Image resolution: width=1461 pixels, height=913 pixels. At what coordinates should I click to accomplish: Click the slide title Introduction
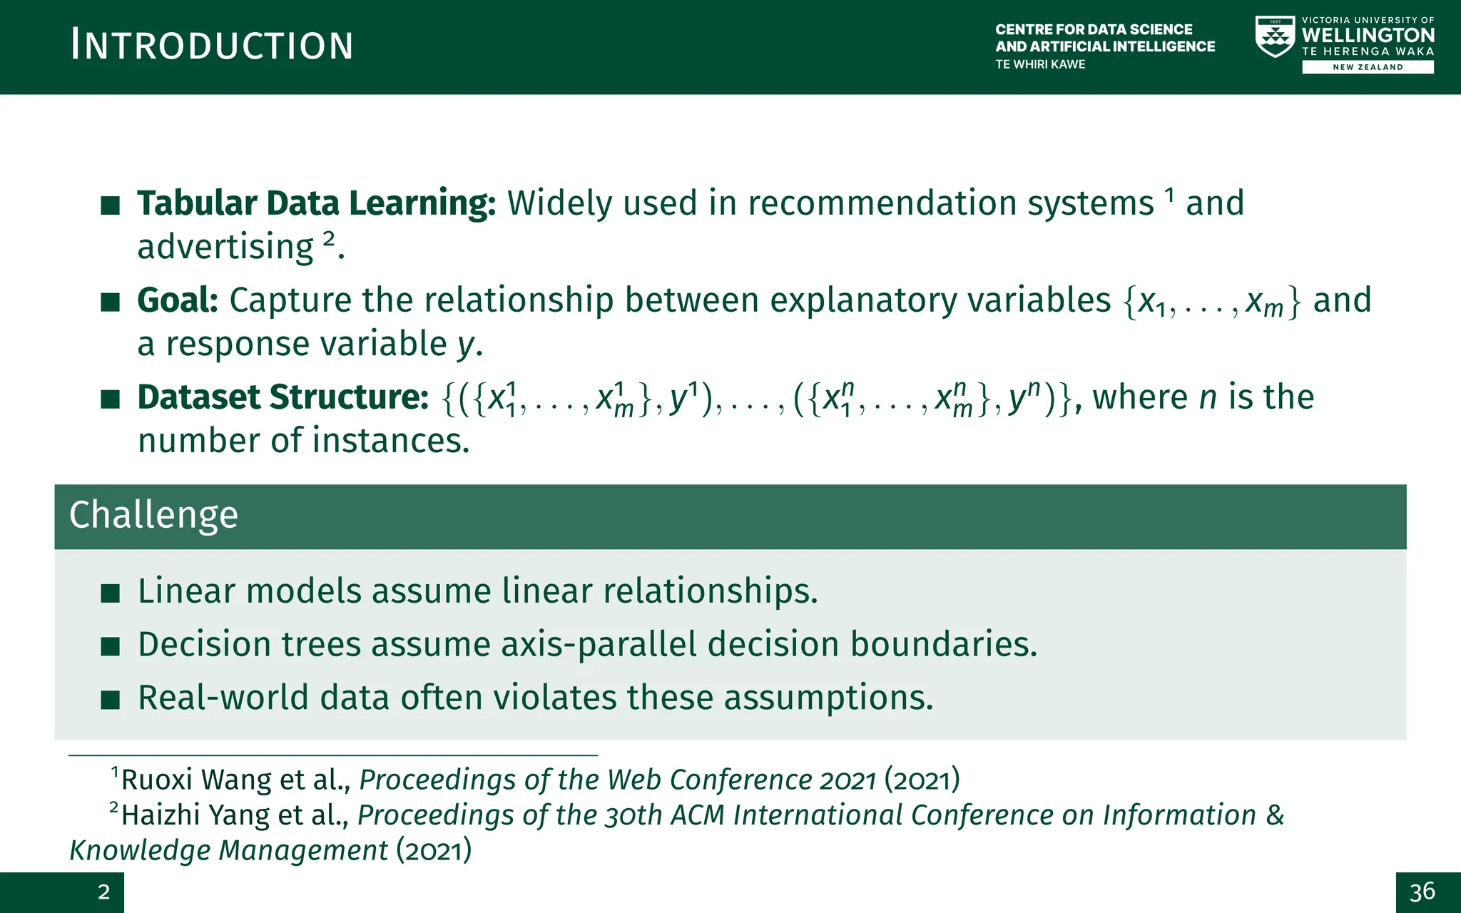point(212,46)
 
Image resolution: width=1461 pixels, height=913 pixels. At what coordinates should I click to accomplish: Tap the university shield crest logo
point(1275,37)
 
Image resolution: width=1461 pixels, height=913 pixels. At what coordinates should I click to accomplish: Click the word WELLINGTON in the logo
point(1368,35)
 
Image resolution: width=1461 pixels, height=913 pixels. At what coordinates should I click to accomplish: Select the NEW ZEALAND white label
point(1368,67)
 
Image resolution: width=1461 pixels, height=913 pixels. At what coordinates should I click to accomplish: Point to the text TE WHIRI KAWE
point(1040,64)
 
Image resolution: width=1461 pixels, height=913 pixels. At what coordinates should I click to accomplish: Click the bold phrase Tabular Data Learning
point(316,203)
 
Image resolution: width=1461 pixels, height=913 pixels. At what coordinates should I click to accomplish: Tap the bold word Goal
point(177,300)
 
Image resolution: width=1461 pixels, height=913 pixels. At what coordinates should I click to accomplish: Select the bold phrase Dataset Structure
point(283,397)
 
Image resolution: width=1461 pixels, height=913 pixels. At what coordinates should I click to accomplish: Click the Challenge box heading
point(154,515)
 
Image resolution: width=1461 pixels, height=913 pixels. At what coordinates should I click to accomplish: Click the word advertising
point(225,248)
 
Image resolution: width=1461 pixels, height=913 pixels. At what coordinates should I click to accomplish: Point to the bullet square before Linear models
point(111,593)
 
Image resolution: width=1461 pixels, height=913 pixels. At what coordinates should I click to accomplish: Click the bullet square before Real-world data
point(111,700)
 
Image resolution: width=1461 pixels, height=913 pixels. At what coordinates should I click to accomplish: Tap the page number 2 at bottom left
point(104,892)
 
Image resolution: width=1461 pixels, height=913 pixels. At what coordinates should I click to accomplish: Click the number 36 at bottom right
point(1422,892)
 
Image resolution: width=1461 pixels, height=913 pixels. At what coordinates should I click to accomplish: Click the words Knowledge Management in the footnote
point(228,851)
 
